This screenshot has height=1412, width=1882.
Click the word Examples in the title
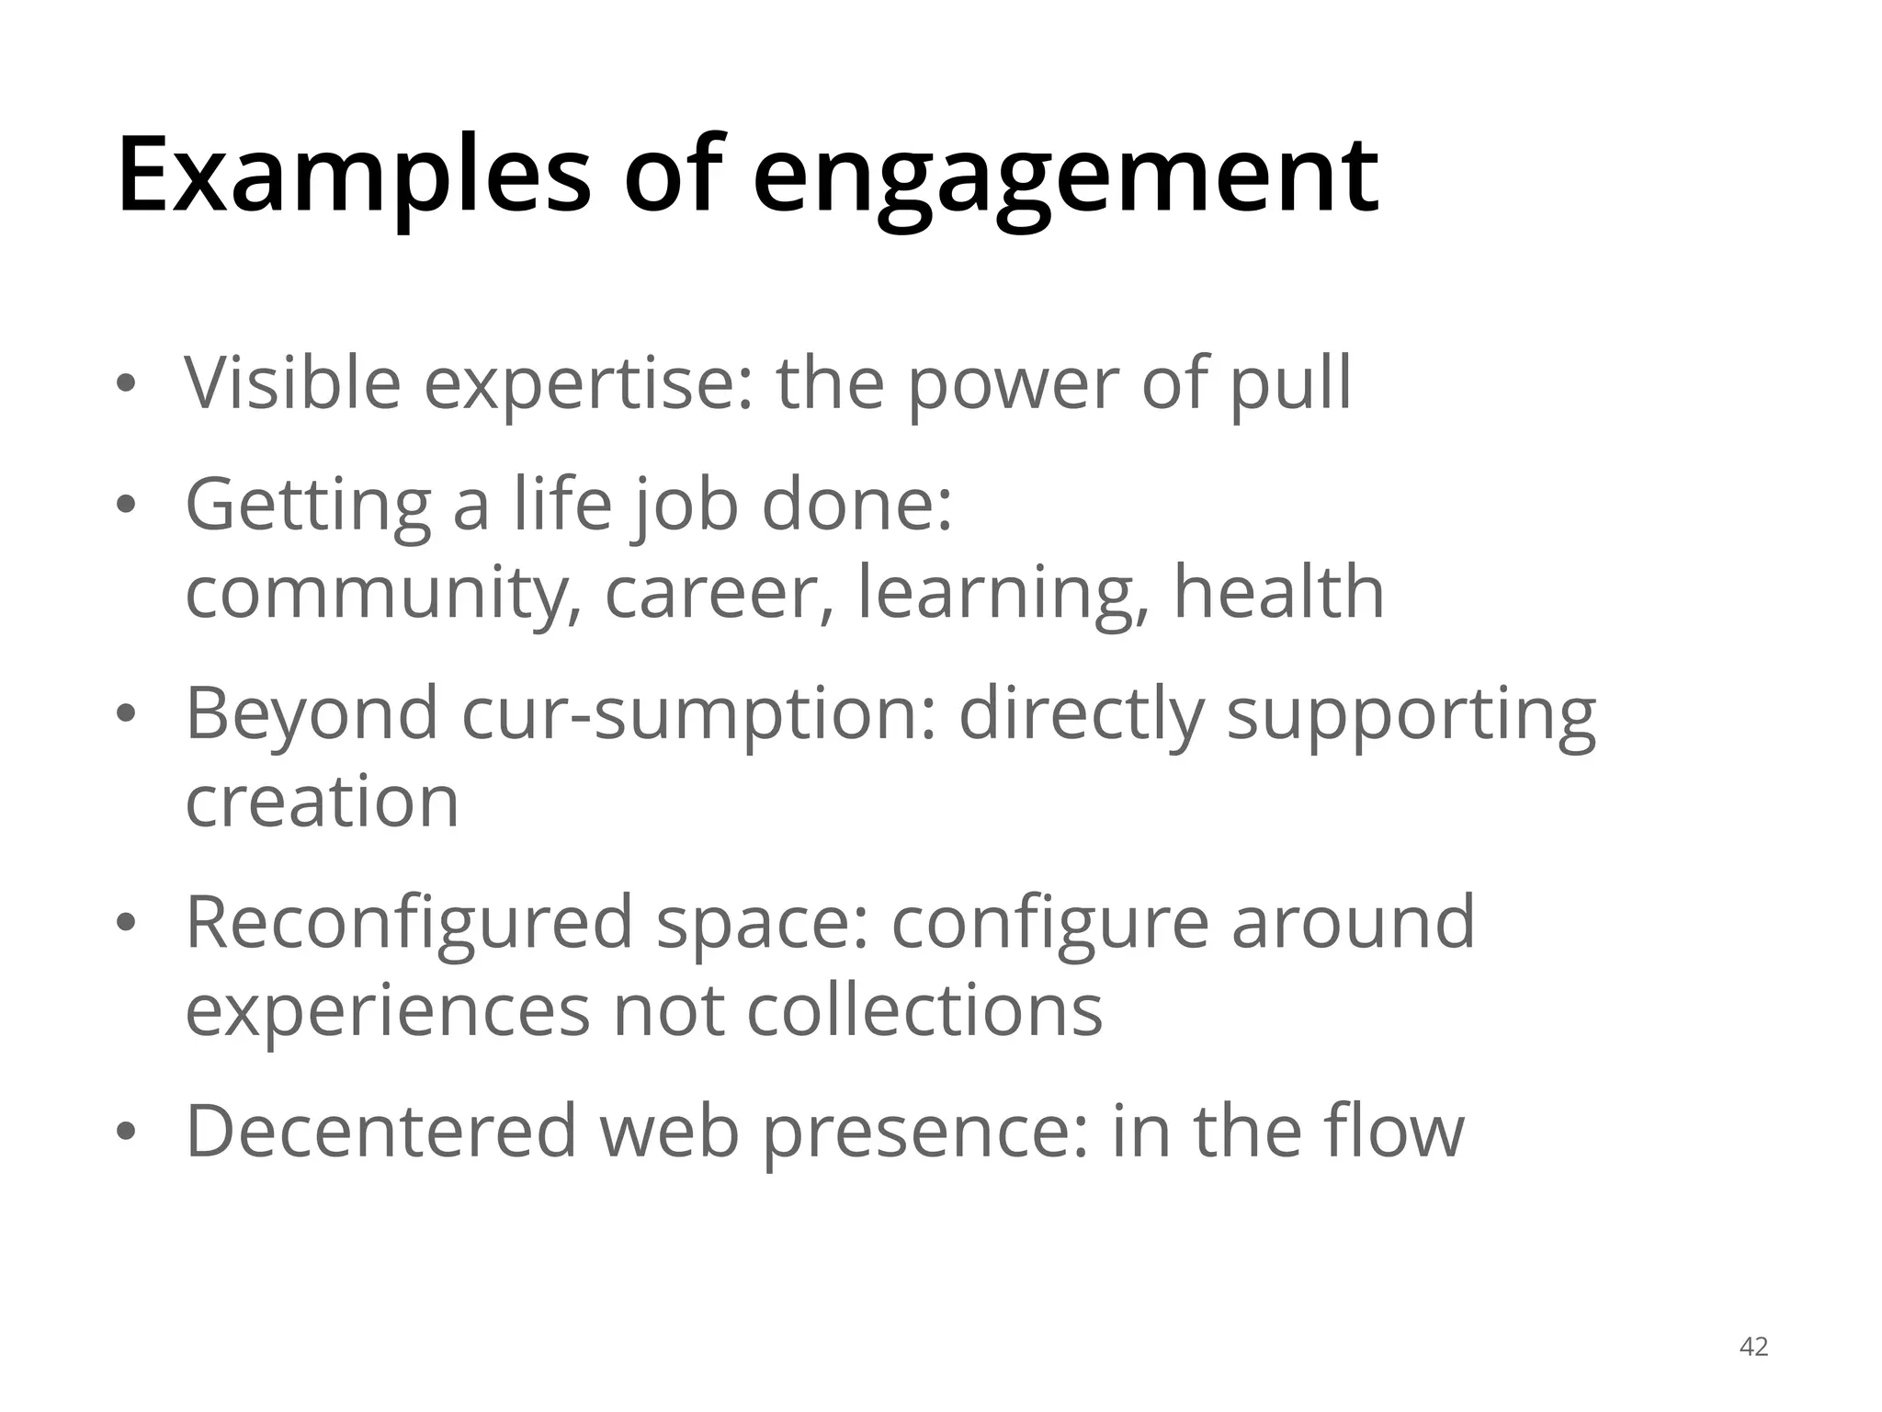(354, 175)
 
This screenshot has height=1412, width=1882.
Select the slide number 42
(1753, 1347)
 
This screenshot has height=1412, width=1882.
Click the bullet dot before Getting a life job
(126, 505)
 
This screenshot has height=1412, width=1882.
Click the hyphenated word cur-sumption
(698, 714)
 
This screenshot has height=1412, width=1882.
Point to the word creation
(322, 801)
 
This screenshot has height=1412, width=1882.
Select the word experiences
(387, 1011)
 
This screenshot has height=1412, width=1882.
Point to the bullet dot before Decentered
(126, 1132)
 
